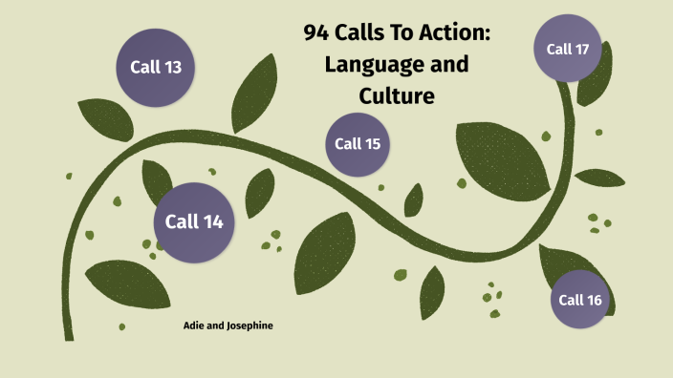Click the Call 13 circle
coord(156,66)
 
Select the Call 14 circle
coord(194,222)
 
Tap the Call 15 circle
coord(358,144)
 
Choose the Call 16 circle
coord(581,300)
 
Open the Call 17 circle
coord(567,48)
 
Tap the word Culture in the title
coord(396,95)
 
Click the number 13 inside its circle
coord(177,66)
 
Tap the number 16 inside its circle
coord(595,300)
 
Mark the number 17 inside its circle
coord(581,48)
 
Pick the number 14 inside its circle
coord(212,222)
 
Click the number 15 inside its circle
coord(372,144)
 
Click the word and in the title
coord(448,66)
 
